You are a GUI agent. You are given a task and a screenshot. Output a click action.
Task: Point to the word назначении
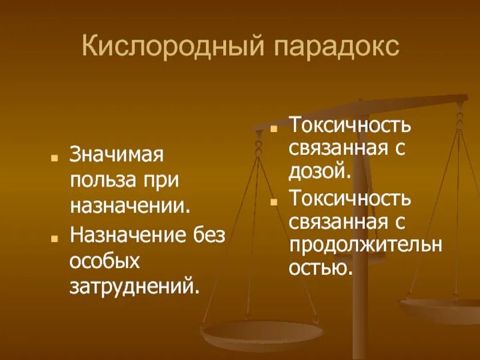pyautogui.click(x=130, y=206)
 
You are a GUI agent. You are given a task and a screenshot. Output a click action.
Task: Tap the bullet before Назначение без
pyautogui.click(x=55, y=238)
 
